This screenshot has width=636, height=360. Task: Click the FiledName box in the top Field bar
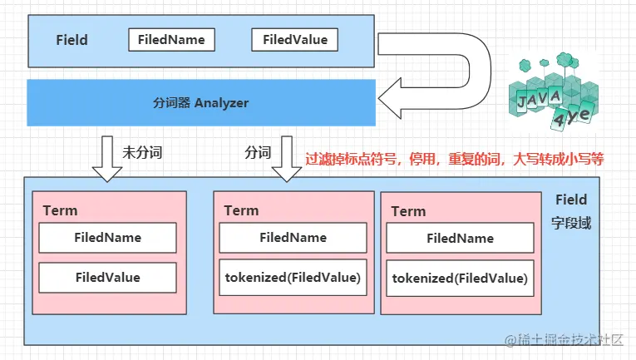coord(172,39)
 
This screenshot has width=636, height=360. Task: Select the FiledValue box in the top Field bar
coord(295,39)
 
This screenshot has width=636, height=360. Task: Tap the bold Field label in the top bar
coord(71,40)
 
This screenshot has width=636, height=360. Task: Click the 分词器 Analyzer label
coord(201,103)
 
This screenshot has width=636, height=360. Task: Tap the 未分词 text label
coord(142,152)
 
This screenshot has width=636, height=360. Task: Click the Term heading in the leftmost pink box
coord(60,210)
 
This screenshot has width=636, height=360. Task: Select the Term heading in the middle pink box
coord(241,210)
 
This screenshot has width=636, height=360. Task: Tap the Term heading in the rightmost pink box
coord(408,211)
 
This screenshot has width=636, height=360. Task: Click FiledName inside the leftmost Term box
coord(107,238)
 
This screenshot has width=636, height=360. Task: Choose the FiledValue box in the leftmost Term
coord(107,278)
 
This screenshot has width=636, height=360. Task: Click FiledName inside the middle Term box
coord(293,238)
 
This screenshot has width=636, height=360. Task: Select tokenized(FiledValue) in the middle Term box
coord(293,278)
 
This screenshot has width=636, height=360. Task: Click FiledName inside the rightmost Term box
coord(460,239)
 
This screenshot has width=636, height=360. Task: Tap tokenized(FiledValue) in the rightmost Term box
coord(460,279)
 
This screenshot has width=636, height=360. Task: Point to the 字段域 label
coord(571,224)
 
